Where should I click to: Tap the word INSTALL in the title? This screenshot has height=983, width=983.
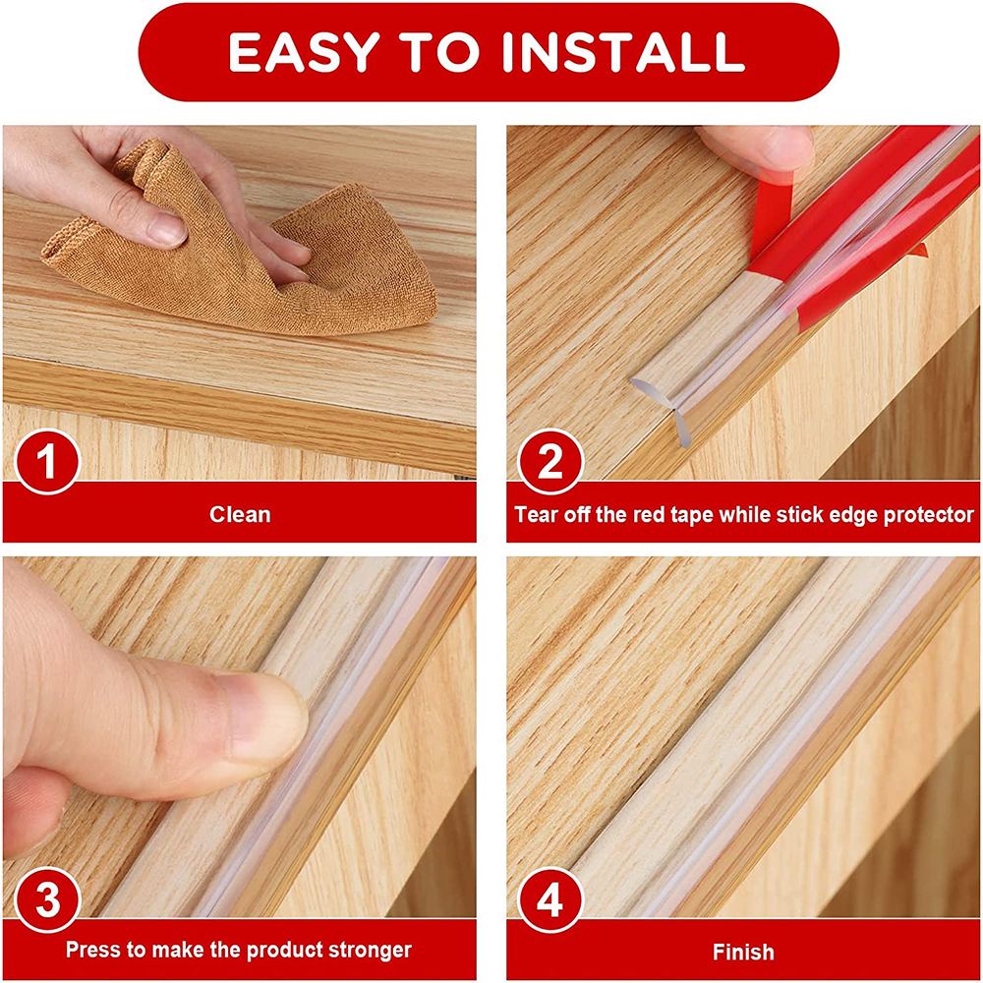coord(623,52)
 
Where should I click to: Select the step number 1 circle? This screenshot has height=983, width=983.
coord(44,460)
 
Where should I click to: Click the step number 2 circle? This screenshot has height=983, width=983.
coord(550,460)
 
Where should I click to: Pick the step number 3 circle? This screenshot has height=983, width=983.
coord(44,898)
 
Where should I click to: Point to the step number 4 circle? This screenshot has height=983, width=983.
coord(550,898)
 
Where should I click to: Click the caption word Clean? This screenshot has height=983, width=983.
coord(239,514)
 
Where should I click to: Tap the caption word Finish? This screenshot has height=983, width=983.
coord(743,952)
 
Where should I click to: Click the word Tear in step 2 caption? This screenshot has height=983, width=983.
coord(536,514)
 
